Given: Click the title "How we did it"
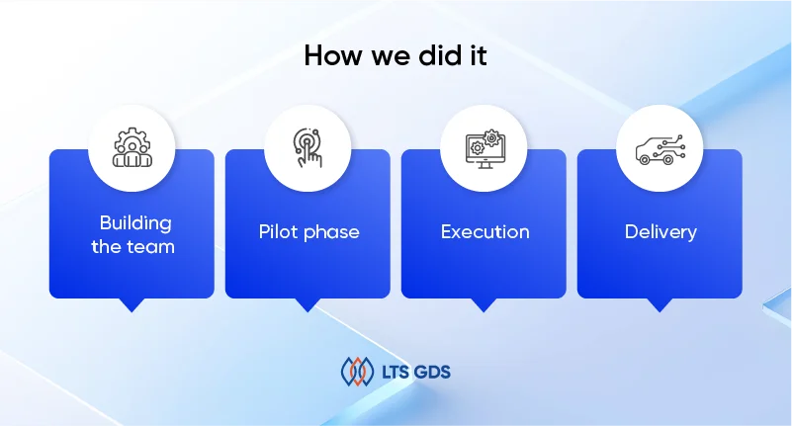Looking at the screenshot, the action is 396,55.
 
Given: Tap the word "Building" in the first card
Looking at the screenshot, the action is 135,223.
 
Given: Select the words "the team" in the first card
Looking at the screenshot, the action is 132,247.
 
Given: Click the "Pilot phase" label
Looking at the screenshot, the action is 309,231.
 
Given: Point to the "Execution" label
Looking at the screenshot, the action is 484,231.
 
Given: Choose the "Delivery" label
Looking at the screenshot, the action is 660,231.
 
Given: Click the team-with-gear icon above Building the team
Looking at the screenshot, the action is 132,147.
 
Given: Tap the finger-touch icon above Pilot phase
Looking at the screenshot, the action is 308,147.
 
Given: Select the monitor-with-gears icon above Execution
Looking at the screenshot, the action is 484,149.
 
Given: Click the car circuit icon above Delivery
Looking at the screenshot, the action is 660,149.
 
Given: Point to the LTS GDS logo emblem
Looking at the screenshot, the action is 357,372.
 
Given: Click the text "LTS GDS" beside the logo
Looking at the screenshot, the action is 415,373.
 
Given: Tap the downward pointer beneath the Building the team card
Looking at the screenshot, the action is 132,304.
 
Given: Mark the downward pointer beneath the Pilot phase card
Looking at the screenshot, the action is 308,304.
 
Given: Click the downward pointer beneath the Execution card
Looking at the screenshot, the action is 484,304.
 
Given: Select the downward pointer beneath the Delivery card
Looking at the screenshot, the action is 660,304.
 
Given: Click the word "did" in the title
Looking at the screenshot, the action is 436,55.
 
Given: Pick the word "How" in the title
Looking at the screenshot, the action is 333,55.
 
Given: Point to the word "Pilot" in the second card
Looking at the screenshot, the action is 278,231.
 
